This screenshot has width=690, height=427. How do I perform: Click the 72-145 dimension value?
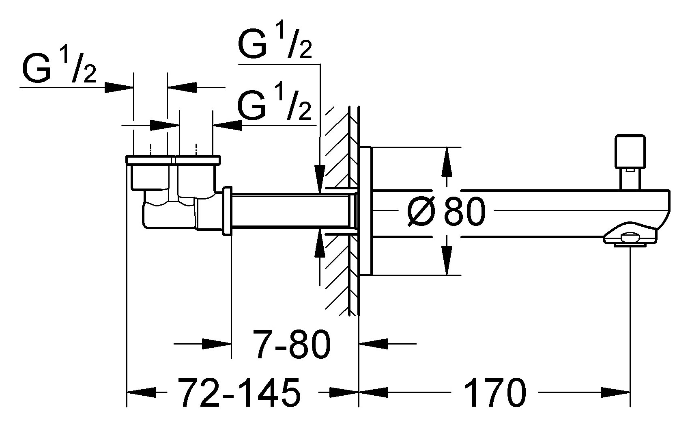click(x=240, y=393)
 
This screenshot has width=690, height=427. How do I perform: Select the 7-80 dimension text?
click(x=291, y=344)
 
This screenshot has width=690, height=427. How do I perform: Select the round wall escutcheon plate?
click(x=365, y=211)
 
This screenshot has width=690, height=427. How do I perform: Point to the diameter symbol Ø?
click(x=422, y=212)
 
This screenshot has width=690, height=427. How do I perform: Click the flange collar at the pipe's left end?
click(x=227, y=211)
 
